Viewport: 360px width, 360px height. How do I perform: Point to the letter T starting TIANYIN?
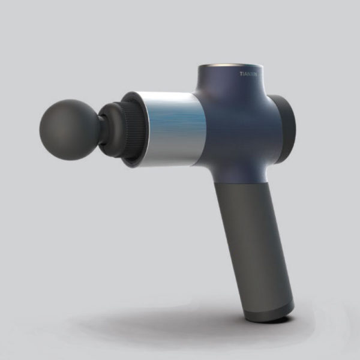point(241,74)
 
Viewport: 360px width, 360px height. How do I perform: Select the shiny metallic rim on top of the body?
point(231,65)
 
